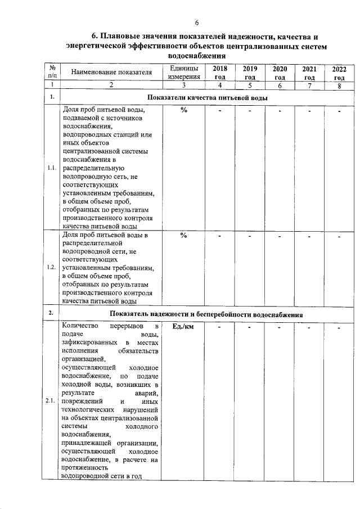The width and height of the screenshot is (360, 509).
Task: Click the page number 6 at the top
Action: tap(197, 23)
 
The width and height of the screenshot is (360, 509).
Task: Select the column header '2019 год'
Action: tap(250, 73)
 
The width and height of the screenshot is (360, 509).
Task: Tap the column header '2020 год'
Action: tap(280, 73)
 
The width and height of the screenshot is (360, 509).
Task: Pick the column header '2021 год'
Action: tap(309, 73)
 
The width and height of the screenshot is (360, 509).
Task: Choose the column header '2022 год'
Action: tap(339, 73)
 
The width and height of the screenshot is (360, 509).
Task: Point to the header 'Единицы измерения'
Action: tap(184, 73)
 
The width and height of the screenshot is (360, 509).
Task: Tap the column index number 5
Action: tap(250, 85)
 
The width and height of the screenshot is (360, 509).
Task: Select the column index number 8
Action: tap(339, 85)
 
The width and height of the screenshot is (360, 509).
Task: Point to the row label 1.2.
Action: tap(51, 267)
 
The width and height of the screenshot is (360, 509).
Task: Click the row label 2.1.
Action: tap(51, 401)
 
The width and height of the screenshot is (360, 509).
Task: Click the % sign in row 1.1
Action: tap(183, 110)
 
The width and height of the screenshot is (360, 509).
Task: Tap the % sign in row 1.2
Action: tap(183, 235)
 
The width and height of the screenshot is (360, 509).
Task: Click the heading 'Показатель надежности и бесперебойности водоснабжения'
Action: tap(206, 314)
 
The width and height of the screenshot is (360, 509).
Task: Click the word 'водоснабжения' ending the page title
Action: tap(197, 56)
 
